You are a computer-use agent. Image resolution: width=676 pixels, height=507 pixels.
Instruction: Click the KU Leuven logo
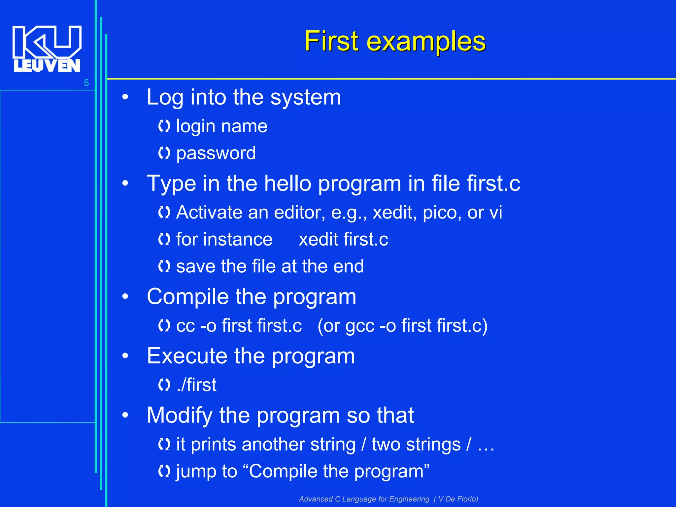coord(47,49)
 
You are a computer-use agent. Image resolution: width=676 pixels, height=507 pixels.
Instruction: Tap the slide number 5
coord(86,83)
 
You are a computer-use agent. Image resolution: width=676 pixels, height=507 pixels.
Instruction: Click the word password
coord(216,153)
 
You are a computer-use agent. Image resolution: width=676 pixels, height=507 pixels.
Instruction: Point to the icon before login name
coord(164,126)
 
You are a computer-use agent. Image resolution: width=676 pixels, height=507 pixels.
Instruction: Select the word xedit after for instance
coord(318,240)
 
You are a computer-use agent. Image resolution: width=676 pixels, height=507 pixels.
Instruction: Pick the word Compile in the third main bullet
coord(187,297)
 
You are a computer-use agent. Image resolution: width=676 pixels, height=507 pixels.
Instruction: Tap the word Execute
coord(187,356)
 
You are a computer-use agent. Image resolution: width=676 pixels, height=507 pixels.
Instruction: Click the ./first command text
coord(197,385)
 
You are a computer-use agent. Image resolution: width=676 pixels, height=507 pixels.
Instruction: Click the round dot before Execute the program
coord(125,356)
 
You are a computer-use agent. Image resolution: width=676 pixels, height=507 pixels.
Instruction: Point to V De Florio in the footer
coord(457,499)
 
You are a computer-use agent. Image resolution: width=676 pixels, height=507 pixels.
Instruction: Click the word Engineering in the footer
coord(409,499)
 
